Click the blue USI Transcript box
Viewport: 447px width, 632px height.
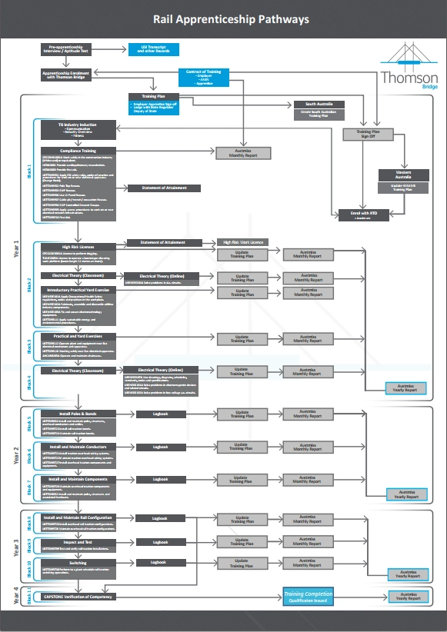click(x=153, y=50)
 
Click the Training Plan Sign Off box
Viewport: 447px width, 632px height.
click(x=367, y=134)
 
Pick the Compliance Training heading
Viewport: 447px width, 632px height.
click(x=78, y=151)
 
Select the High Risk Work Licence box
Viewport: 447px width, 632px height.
click(x=242, y=242)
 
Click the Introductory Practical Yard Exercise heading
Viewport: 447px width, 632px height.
click(x=78, y=290)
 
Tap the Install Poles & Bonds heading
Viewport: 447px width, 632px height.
click(x=78, y=413)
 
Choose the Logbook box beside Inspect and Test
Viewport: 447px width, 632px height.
click(x=159, y=542)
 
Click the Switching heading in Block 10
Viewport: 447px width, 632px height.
click(x=78, y=562)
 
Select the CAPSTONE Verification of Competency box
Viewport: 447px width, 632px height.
click(x=78, y=597)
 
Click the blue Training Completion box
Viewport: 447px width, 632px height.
click(x=307, y=596)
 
